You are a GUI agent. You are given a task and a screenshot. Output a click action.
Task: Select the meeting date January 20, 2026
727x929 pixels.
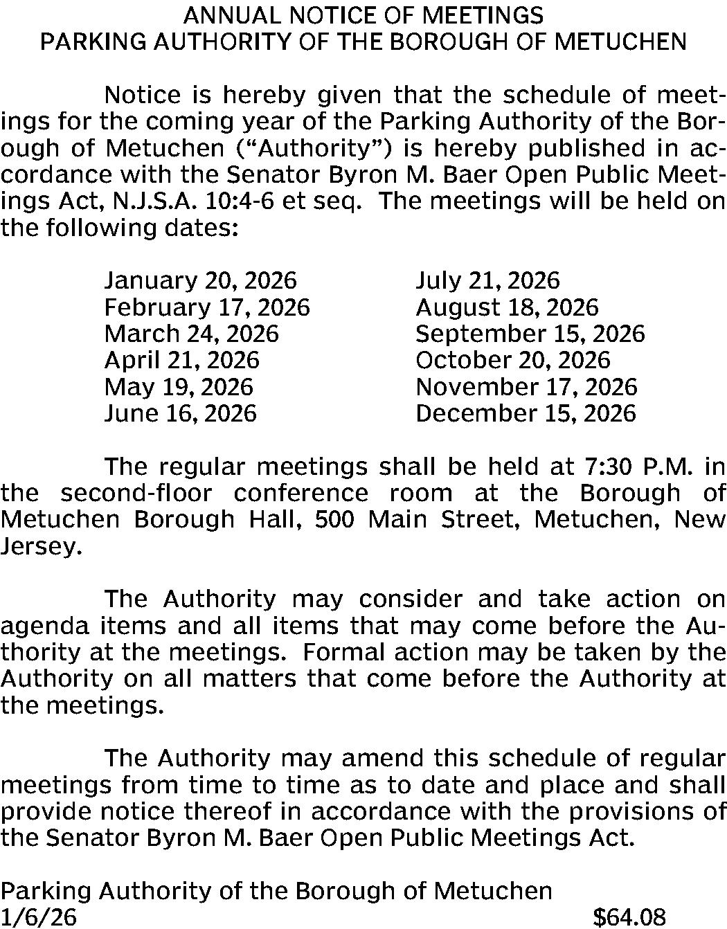pyautogui.click(x=200, y=280)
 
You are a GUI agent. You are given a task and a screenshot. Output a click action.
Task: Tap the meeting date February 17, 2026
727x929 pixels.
pyautogui.click(x=207, y=307)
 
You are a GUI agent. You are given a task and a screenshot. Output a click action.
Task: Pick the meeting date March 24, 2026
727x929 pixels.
pyautogui.click(x=191, y=334)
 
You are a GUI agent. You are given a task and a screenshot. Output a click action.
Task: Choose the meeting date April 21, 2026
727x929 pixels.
pyautogui.click(x=181, y=360)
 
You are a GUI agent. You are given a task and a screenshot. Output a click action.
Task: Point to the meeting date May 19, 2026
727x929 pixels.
pyautogui.click(x=178, y=386)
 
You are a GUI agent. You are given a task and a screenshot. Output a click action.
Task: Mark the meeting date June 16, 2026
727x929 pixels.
pyautogui.click(x=180, y=413)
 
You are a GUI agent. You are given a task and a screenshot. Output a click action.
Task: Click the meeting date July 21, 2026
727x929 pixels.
pyautogui.click(x=487, y=280)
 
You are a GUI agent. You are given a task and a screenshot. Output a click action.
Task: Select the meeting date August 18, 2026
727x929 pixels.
pyautogui.click(x=507, y=307)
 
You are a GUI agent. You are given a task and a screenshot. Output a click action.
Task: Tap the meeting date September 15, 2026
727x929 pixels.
pyautogui.click(x=530, y=334)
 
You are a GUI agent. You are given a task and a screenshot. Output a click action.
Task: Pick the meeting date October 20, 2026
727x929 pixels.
pyautogui.click(x=512, y=360)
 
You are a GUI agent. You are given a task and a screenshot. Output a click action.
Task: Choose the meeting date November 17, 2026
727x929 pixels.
pyautogui.click(x=526, y=386)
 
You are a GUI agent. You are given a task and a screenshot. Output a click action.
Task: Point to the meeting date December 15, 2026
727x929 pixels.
pyautogui.click(x=526, y=413)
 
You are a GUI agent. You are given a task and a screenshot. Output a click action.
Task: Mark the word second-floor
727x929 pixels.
pyautogui.click(x=136, y=493)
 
